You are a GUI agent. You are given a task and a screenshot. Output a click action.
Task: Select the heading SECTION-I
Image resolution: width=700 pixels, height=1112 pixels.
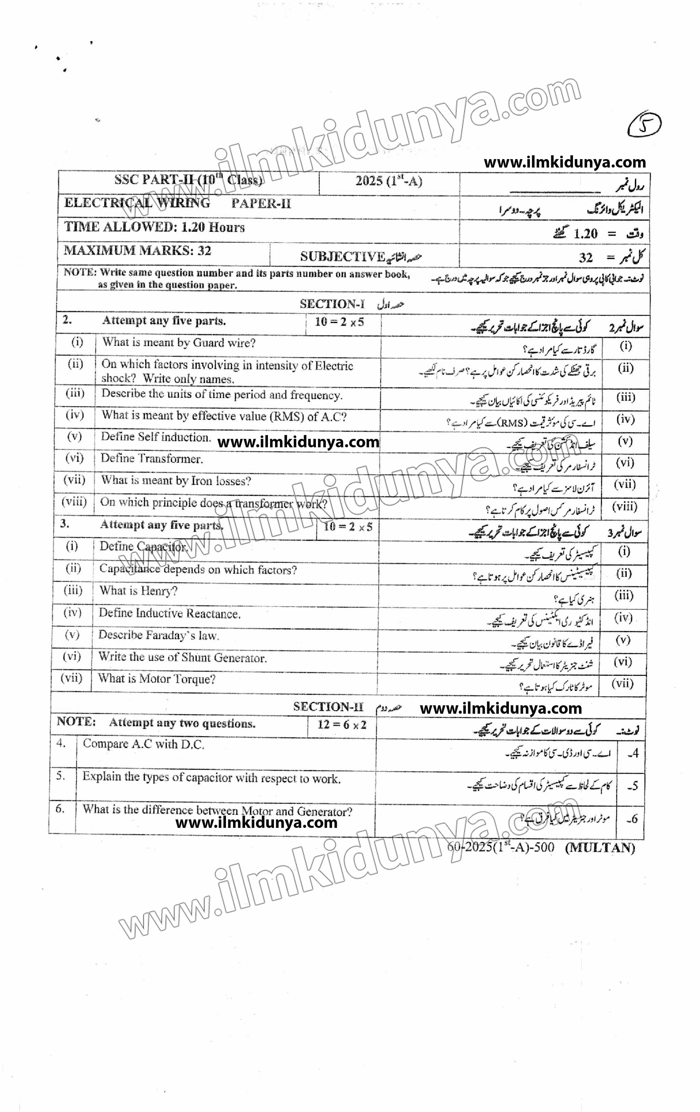coord(332,304)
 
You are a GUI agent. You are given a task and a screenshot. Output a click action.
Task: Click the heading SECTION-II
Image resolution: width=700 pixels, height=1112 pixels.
coord(328,707)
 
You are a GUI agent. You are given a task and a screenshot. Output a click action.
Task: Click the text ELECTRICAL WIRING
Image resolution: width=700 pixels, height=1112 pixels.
coord(137,203)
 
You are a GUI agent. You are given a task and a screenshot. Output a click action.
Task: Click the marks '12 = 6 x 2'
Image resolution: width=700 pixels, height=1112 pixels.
coord(342,725)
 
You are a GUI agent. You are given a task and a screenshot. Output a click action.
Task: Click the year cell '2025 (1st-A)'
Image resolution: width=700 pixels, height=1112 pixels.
coord(389,181)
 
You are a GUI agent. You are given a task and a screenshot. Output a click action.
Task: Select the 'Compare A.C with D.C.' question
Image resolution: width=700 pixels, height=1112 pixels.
coord(143,744)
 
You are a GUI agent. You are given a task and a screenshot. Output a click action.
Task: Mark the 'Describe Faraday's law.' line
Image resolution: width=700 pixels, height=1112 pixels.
coord(158,636)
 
